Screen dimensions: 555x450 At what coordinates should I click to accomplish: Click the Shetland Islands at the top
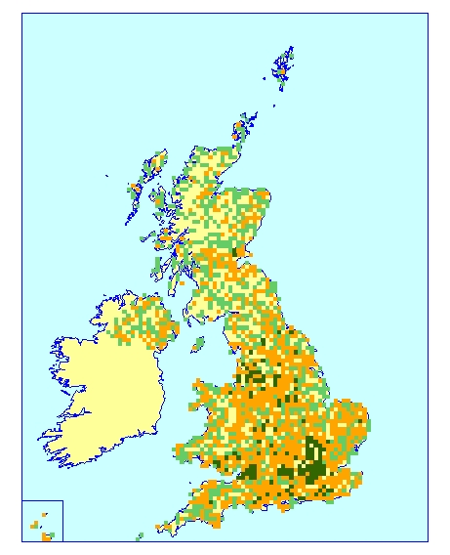pyautogui.click(x=282, y=69)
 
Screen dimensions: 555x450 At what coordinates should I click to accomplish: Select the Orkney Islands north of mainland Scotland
pyautogui.click(x=243, y=126)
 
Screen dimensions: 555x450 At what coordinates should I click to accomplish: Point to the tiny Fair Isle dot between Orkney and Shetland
pyautogui.click(x=274, y=106)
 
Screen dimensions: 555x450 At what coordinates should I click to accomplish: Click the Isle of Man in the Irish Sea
pyautogui.click(x=198, y=343)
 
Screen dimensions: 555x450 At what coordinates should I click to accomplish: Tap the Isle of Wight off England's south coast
pyautogui.click(x=291, y=503)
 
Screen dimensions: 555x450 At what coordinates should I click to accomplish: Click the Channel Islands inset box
pyautogui.click(x=42, y=521)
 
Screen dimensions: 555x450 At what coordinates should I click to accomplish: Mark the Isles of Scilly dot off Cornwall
pyautogui.click(x=140, y=534)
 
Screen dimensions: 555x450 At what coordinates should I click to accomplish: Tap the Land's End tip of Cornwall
pyautogui.click(x=158, y=530)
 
